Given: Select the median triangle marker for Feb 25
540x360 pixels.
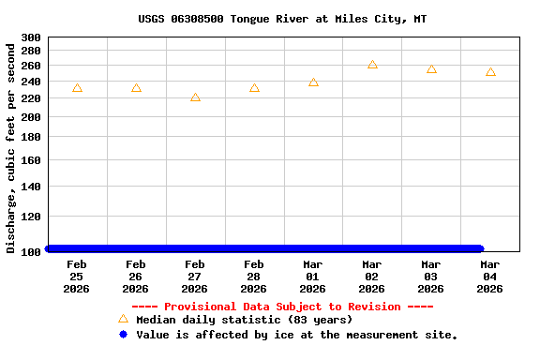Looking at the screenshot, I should pos(77,88).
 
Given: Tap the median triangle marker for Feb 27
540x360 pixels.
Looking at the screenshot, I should pos(195,97).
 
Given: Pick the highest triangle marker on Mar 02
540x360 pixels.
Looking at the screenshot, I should pos(372,65).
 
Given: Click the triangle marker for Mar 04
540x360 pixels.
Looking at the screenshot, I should pos(490,72).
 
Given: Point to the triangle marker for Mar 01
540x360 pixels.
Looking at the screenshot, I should pos(313,82).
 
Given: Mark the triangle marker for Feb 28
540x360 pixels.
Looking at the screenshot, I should pos(254,88).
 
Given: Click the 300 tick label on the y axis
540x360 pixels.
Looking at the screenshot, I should pos(31,37).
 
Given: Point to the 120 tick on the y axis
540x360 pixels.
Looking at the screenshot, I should pos(31,217).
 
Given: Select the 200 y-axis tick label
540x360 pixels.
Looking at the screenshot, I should pos(31,118).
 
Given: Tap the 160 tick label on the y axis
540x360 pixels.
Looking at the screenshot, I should pos(31,160).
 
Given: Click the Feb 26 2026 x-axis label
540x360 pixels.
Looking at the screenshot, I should pos(136,277).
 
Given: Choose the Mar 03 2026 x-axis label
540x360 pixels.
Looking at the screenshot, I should pos(431,277).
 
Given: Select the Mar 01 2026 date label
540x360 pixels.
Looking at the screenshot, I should pos(313,277).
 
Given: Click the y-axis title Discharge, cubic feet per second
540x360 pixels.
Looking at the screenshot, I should pos(11,147).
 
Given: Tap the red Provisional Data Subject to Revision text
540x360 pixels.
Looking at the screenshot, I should pos(281,307).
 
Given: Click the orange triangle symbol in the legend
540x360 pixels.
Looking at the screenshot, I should pos(123,319).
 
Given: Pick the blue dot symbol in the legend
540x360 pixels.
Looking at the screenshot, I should pos(123,335).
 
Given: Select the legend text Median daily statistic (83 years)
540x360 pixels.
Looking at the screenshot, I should pos(244,320).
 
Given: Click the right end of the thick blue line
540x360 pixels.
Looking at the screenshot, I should pos(479,248).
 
